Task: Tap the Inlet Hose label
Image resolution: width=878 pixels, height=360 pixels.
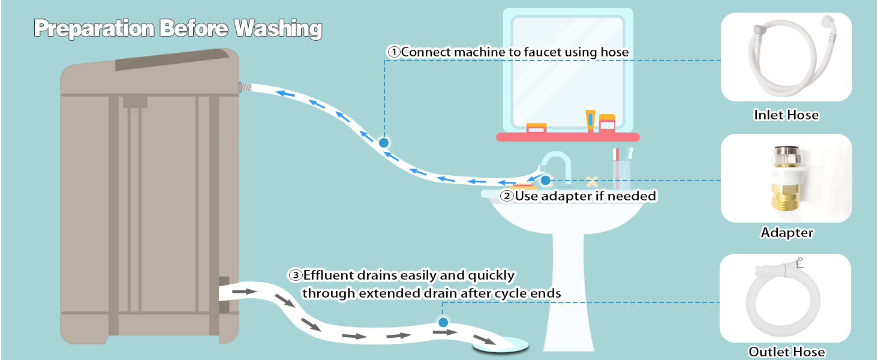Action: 786,115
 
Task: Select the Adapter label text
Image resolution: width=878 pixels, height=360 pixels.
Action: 787,232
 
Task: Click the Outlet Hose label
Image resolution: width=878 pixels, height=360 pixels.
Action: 786,352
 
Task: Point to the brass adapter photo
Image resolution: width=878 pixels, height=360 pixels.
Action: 786,179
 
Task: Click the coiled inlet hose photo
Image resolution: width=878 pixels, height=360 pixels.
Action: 786,57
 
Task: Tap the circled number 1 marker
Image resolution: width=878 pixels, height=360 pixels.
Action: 394,52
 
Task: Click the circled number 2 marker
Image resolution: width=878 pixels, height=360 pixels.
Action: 507,196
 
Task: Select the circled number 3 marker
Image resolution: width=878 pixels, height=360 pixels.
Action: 295,275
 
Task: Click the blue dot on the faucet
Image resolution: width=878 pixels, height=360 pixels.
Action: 545,180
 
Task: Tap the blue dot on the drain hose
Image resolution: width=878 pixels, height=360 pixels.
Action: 443,322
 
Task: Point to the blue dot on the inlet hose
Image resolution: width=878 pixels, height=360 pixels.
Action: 384,142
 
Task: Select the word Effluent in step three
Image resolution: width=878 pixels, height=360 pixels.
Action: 329,275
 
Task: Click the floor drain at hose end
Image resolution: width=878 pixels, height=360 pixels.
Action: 501,344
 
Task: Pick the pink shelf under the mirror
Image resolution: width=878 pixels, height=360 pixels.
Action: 567,137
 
